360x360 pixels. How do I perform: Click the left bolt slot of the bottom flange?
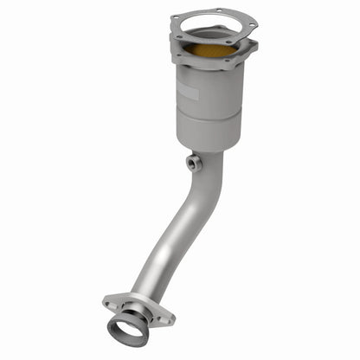111,302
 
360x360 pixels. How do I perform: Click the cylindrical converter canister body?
208,95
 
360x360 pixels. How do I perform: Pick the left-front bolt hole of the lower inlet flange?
178,55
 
